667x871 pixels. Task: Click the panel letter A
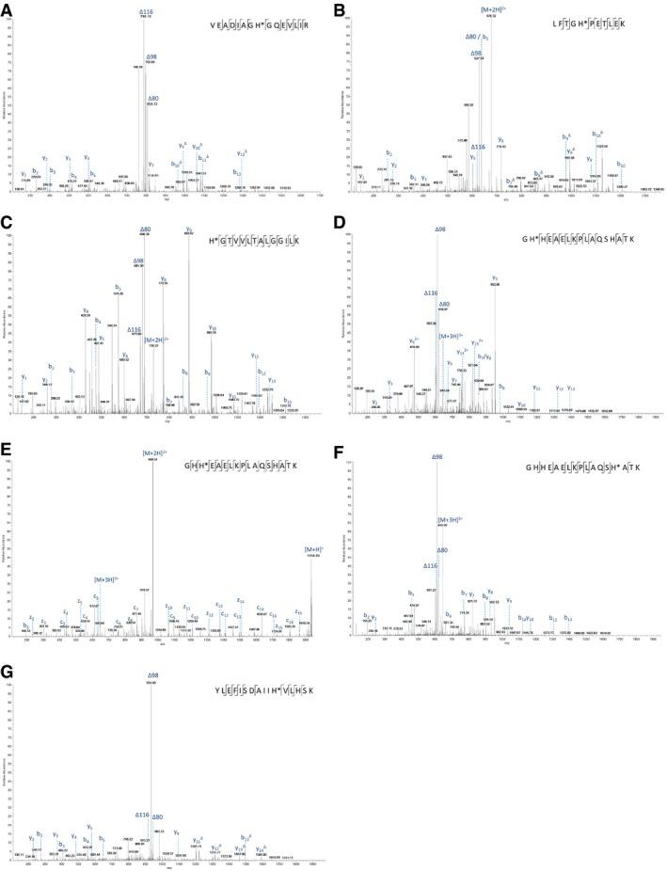(8, 8)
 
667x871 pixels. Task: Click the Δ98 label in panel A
(151, 56)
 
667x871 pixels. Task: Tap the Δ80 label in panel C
(145, 229)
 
